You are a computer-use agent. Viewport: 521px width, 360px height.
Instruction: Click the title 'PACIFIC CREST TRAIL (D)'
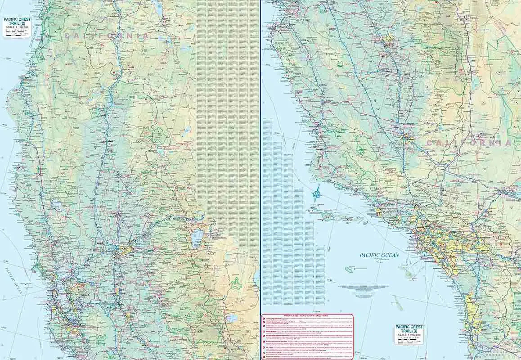click(x=409, y=329)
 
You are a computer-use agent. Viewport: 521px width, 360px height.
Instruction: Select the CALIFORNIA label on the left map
click(x=107, y=35)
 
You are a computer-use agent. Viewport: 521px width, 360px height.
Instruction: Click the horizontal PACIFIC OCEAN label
click(x=379, y=255)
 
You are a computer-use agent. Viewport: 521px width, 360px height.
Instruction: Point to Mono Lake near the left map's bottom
click(x=231, y=318)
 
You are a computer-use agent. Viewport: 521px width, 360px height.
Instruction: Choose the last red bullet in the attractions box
click(x=264, y=357)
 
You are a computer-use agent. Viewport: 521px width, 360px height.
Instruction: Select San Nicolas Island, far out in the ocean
click(x=349, y=270)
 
